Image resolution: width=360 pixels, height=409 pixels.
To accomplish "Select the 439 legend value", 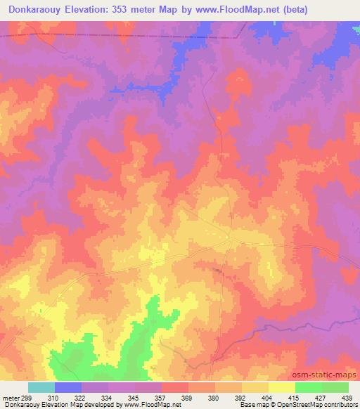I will [346, 397].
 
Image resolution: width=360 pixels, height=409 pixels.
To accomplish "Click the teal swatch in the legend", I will [41, 387].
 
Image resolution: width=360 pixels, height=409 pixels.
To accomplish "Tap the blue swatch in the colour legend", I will [68, 387].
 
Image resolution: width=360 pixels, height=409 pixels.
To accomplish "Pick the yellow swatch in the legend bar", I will [282, 387].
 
